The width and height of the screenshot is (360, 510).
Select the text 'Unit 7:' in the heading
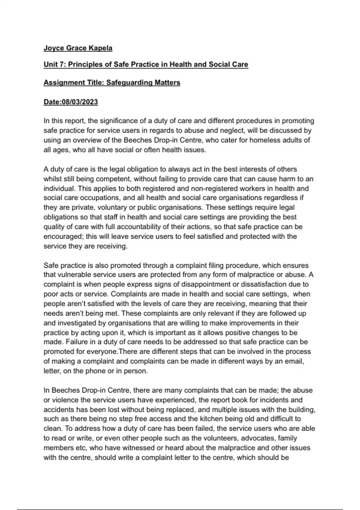55,64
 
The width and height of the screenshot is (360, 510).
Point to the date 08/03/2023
79,102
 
